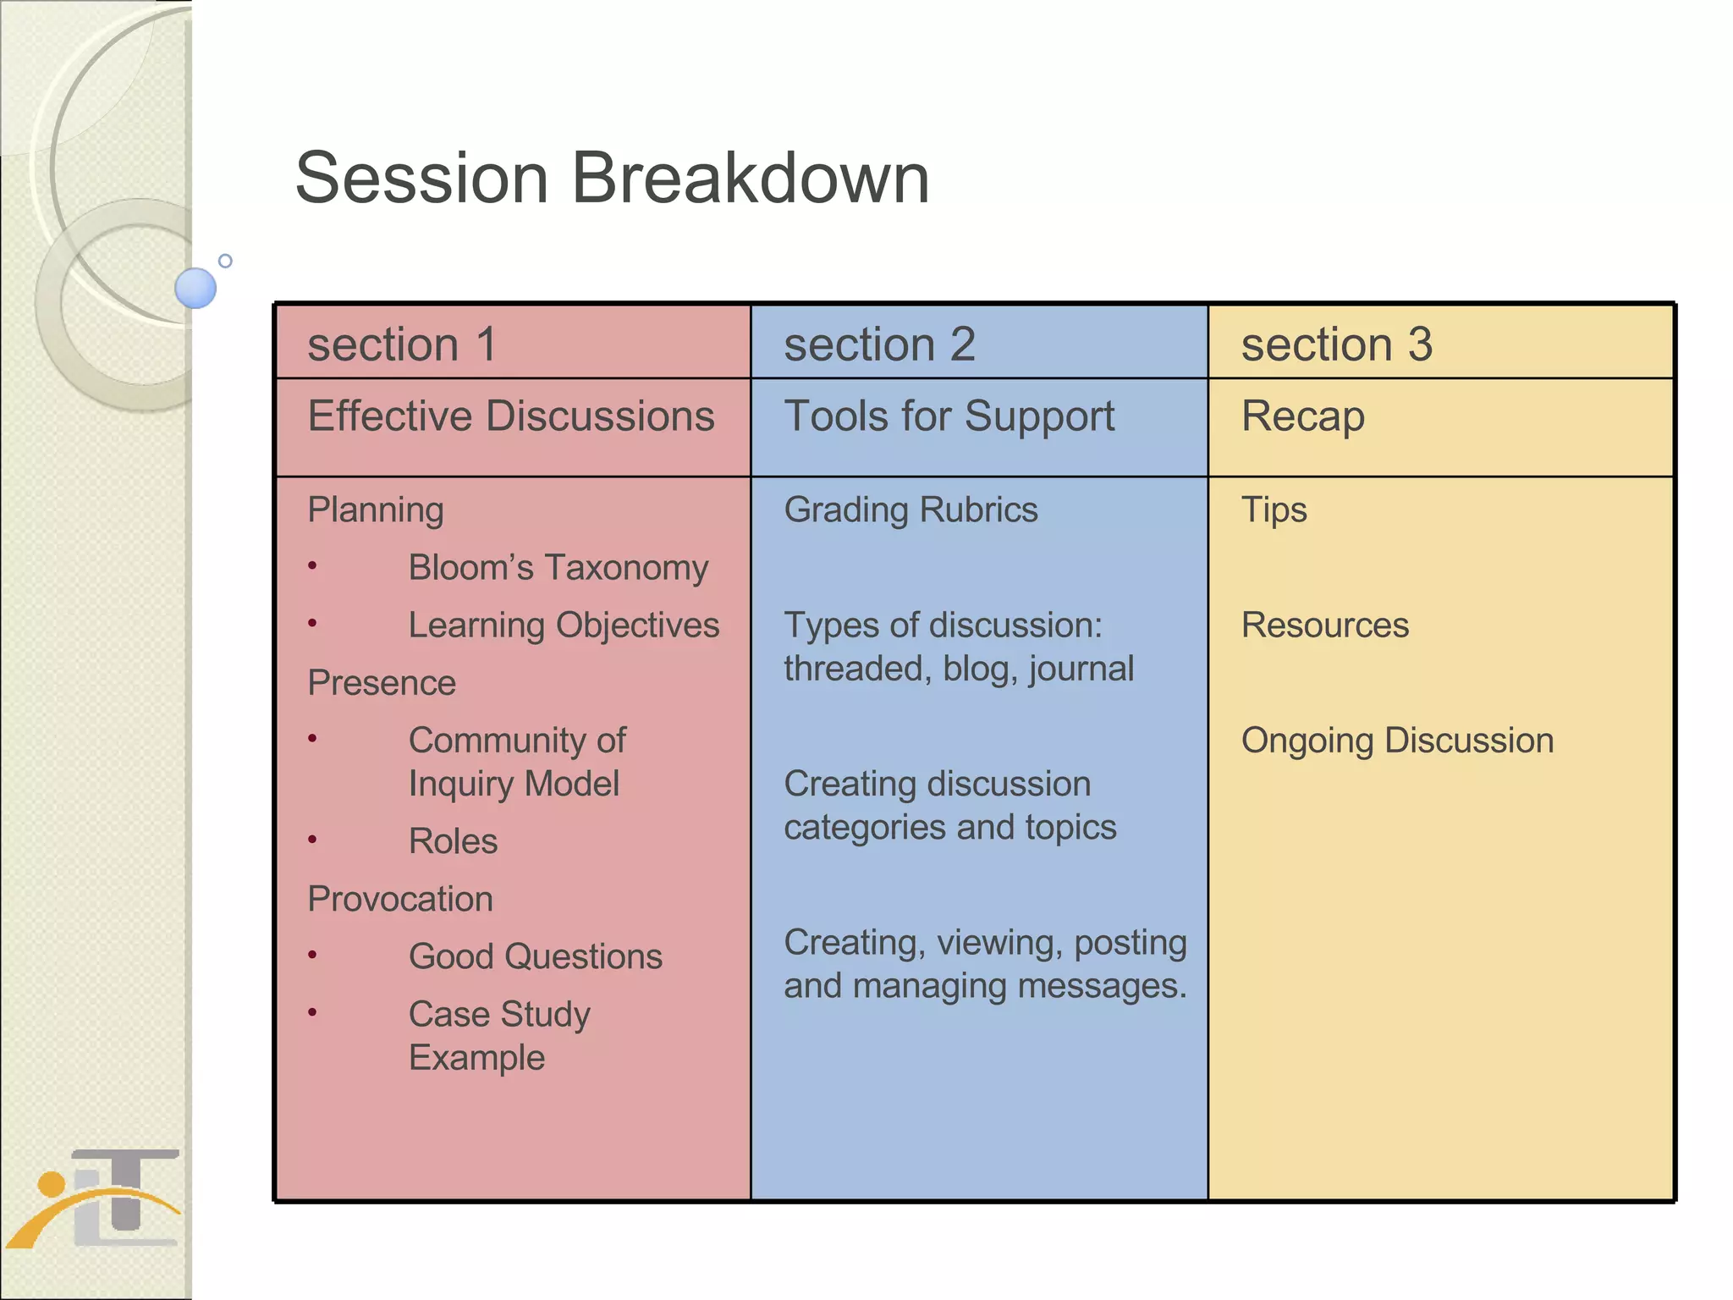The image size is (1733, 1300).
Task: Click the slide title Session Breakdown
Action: click(x=612, y=179)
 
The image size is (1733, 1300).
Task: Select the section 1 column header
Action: click(x=402, y=344)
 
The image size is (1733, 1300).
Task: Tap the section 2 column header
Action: click(x=879, y=344)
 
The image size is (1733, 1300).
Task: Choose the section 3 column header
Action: click(x=1336, y=344)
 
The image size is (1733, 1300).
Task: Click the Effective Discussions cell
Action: click(x=511, y=416)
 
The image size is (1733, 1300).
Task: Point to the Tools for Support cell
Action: click(x=949, y=416)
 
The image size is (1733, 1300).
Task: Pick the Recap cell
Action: click(x=1302, y=416)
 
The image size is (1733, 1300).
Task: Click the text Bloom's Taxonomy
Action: click(x=558, y=568)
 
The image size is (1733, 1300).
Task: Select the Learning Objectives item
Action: click(x=564, y=625)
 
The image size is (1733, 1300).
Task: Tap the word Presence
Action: click(x=382, y=683)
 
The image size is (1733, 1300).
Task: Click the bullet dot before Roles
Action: click(x=312, y=840)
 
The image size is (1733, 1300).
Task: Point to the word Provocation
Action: click(x=399, y=899)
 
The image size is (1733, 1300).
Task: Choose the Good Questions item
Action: click(x=535, y=957)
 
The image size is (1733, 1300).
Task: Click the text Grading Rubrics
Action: click(x=911, y=510)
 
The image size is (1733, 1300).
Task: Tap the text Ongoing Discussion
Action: click(x=1397, y=741)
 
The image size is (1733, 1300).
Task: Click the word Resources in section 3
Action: click(x=1324, y=625)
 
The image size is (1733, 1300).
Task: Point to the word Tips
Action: click(x=1274, y=510)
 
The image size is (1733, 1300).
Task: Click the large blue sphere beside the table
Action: click(x=195, y=288)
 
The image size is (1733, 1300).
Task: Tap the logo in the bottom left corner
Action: click(x=97, y=1198)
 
